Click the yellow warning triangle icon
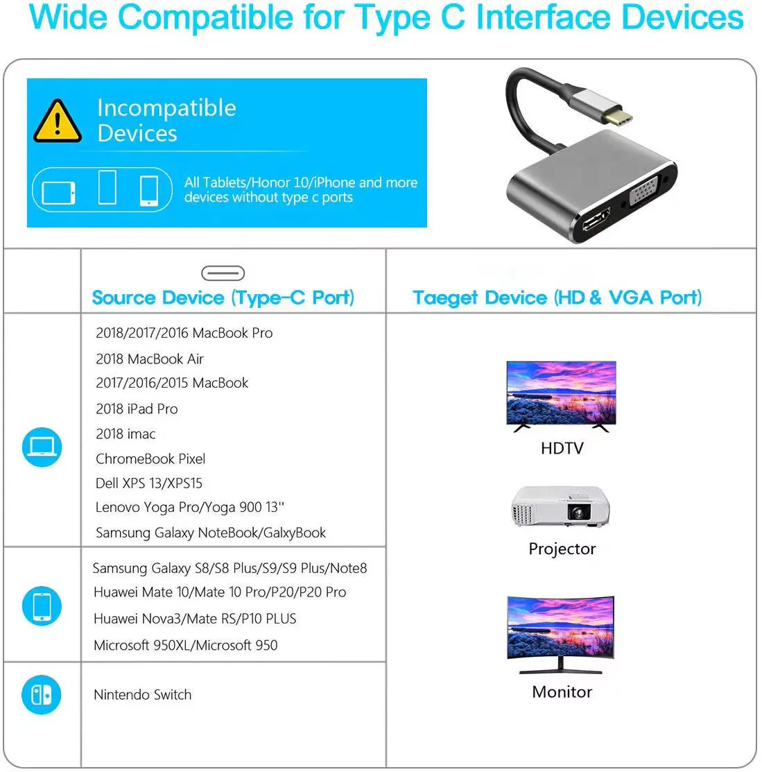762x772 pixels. [x=58, y=121]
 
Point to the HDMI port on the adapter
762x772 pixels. [x=596, y=221]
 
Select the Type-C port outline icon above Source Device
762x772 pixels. [x=223, y=273]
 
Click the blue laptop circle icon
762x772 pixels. [x=42, y=447]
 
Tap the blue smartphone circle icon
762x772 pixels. [x=42, y=606]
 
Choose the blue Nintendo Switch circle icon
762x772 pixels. [x=42, y=694]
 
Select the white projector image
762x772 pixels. [x=561, y=506]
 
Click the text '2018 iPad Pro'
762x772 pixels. [x=137, y=409]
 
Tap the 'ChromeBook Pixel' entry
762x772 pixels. [x=150, y=459]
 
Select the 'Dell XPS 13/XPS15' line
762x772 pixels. [x=149, y=483]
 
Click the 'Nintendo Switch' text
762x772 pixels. [x=143, y=695]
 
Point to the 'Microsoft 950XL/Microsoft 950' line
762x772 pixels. [x=186, y=645]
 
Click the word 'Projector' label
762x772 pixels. [x=562, y=549]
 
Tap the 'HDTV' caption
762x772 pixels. [x=562, y=448]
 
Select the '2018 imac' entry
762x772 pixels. [x=126, y=434]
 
